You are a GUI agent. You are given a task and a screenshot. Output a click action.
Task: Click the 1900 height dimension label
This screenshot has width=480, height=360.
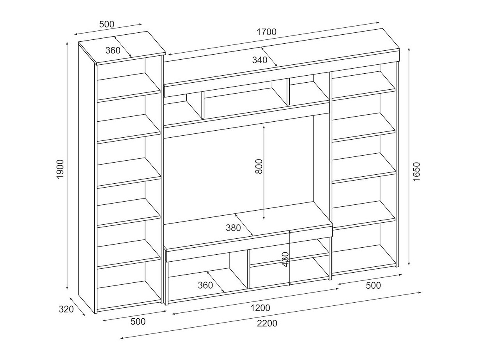coord(60,169)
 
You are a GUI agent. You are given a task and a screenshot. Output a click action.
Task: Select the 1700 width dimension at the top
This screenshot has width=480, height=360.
coord(266,32)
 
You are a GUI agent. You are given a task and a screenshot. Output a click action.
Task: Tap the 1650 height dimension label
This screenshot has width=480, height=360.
coord(416,172)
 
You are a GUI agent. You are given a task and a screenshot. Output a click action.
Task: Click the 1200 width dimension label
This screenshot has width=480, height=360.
coord(260,308)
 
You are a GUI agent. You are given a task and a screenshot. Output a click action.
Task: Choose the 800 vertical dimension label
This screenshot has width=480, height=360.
coord(259,167)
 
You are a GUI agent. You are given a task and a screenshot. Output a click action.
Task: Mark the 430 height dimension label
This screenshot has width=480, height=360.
coord(285,259)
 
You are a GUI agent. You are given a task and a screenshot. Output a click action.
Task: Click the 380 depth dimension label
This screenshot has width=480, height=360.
coord(233,228)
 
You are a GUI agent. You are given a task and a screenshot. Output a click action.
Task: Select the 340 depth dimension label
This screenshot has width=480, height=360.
coord(260,60)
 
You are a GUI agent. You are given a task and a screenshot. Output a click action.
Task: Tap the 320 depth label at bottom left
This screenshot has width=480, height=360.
coord(66,309)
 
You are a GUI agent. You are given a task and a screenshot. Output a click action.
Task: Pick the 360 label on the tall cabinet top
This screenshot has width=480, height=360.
coord(113,51)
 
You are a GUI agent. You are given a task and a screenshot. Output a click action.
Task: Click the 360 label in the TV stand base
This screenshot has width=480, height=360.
coord(205,285)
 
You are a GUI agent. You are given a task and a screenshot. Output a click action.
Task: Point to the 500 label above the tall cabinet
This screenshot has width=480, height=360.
coord(107,24)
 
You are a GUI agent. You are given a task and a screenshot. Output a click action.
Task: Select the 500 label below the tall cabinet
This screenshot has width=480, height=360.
coord(138,321)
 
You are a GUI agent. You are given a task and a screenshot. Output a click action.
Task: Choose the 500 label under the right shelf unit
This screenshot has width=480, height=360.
coord(373,286)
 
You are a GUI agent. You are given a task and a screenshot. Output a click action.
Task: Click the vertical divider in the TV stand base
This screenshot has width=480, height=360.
coord(248,269)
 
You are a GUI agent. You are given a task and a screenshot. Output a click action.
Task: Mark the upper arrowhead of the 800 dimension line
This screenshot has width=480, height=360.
coord(264,127)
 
